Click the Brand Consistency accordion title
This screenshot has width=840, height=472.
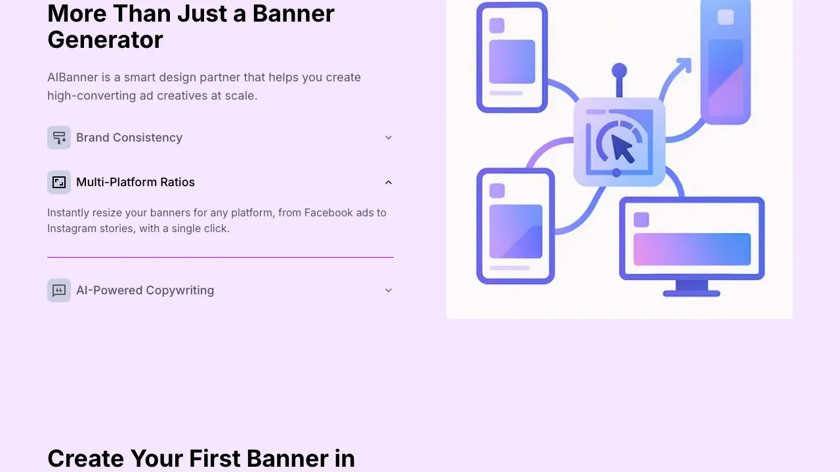click(129, 138)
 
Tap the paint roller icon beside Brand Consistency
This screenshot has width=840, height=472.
click(59, 138)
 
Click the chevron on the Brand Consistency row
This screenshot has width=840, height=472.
click(388, 138)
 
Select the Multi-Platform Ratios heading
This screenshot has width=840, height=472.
click(135, 182)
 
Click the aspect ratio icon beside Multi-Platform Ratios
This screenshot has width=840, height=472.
click(59, 182)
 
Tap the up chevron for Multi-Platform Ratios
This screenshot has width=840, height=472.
click(388, 182)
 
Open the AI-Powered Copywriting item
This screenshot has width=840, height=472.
click(145, 290)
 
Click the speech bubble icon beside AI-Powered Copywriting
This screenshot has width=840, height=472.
click(59, 290)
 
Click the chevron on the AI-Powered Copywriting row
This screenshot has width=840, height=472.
click(388, 290)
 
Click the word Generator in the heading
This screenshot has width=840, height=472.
click(105, 40)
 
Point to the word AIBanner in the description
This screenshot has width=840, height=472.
click(72, 77)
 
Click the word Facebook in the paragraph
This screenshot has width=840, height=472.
click(329, 212)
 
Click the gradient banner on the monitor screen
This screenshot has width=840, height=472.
click(692, 249)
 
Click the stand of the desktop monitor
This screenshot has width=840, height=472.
click(692, 288)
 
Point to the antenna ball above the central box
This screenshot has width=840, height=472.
click(619, 70)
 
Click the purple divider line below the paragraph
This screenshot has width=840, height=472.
click(220, 258)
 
